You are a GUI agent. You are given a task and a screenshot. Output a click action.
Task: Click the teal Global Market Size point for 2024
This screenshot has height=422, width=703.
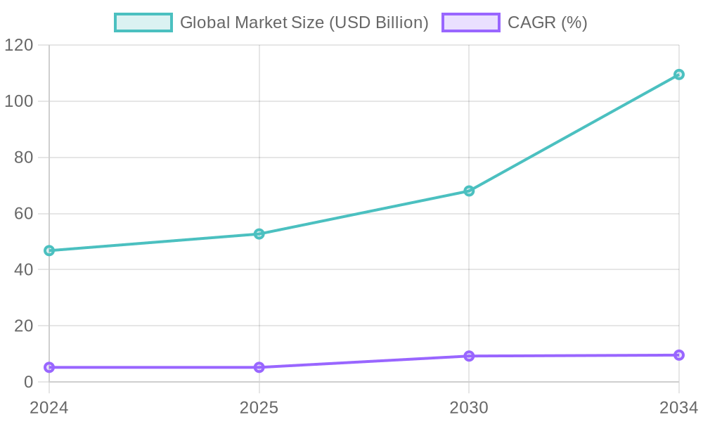[49, 250]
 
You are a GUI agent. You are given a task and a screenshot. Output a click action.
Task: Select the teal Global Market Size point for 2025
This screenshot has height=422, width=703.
[259, 234]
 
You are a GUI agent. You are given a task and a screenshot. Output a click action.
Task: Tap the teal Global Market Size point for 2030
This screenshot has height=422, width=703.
[469, 191]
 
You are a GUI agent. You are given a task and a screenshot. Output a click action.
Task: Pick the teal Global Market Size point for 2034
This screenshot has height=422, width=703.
[679, 75]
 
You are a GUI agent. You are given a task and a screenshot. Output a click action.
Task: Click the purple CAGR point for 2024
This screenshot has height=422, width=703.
[49, 367]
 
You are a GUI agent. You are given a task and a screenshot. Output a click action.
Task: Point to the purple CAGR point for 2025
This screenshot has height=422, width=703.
[259, 367]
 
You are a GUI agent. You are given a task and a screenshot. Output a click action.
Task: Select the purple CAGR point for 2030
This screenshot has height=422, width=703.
[469, 356]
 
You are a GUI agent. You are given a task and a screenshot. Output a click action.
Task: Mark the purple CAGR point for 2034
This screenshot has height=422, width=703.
[679, 355]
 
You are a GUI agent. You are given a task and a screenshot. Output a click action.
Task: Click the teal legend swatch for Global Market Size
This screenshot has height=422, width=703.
[143, 23]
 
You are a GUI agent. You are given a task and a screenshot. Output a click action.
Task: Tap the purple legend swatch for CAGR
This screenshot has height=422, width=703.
[470, 23]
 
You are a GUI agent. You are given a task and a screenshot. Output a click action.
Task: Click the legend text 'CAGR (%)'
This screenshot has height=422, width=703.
[547, 23]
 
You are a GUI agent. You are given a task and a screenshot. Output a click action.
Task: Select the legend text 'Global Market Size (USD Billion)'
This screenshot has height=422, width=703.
[304, 23]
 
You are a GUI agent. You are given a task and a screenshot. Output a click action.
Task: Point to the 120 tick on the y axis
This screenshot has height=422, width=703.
[19, 45]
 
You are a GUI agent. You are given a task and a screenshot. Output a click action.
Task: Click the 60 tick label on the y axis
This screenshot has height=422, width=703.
[24, 213]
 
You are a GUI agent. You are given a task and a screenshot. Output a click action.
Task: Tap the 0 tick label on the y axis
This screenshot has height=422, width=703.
[29, 382]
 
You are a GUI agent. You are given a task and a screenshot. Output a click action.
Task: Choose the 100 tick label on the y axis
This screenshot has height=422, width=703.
[19, 101]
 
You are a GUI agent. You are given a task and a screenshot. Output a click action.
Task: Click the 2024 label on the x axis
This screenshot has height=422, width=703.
[49, 407]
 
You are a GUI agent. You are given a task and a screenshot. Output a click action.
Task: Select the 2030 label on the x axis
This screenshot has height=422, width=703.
[469, 407]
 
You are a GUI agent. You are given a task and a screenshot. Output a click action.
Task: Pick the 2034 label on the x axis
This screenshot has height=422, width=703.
[678, 407]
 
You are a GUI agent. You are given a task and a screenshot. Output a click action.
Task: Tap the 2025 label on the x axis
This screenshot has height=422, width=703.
[259, 407]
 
